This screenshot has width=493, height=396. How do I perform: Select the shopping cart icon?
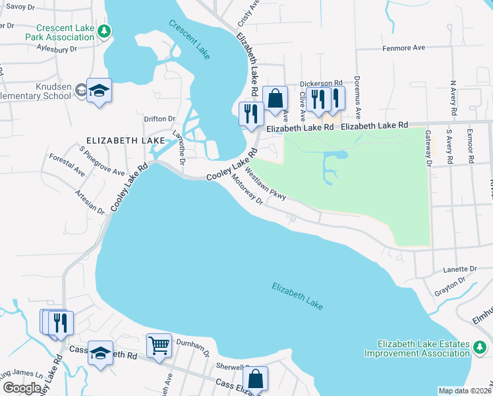(x=159, y=344)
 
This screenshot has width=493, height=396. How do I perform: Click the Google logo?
(x=22, y=388)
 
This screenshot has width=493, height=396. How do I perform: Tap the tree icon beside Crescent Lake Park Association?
(x=103, y=32)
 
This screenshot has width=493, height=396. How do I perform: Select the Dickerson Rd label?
(x=321, y=84)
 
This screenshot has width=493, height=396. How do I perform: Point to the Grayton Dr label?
(x=449, y=286)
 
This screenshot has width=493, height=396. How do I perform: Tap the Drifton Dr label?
(x=159, y=119)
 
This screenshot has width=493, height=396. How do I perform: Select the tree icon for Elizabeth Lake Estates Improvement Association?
(x=481, y=345)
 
